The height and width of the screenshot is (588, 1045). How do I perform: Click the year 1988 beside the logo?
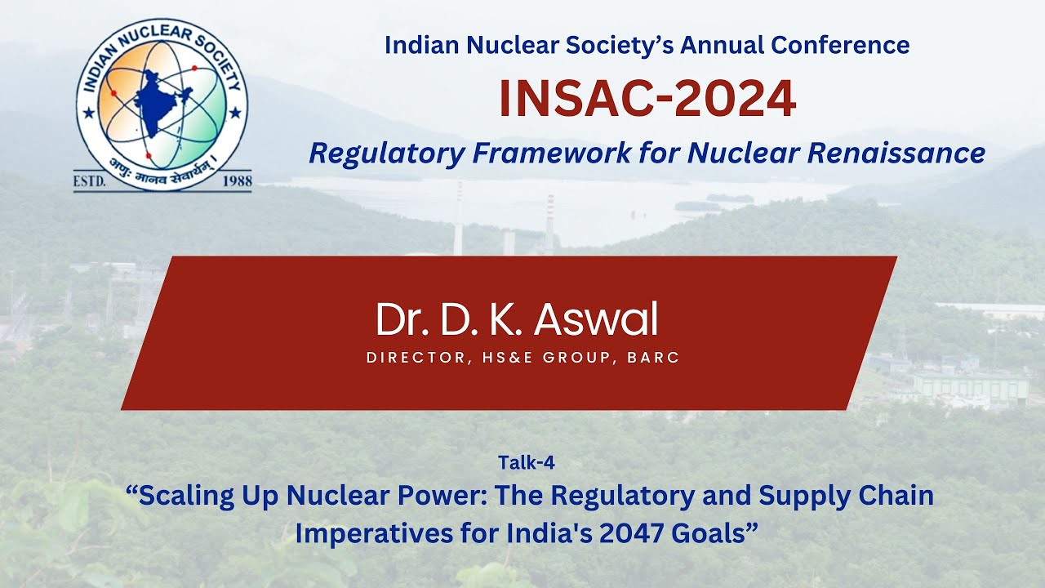tap(237, 181)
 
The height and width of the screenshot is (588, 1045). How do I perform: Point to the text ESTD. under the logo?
tap(90, 181)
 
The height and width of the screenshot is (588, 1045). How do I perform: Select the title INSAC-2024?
tap(647, 99)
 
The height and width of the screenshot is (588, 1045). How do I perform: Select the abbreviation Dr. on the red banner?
tap(397, 320)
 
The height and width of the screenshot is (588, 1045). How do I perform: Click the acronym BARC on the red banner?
tap(653, 358)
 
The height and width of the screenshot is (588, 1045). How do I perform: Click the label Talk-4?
tap(526, 463)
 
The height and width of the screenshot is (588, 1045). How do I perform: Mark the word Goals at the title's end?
tap(713, 533)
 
